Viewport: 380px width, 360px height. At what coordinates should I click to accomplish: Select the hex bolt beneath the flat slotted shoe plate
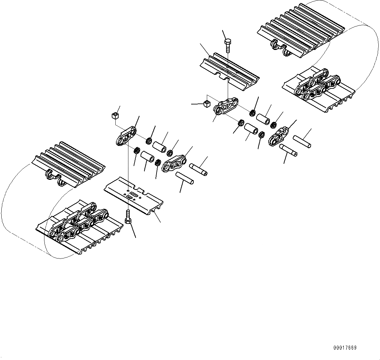point(128,217)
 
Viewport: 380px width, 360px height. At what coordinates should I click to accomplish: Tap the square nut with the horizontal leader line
point(206,103)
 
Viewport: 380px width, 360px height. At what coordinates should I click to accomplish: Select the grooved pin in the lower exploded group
point(198,169)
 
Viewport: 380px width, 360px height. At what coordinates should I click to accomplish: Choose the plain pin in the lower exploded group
point(185,178)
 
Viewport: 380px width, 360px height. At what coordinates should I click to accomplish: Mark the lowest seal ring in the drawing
point(157,162)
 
